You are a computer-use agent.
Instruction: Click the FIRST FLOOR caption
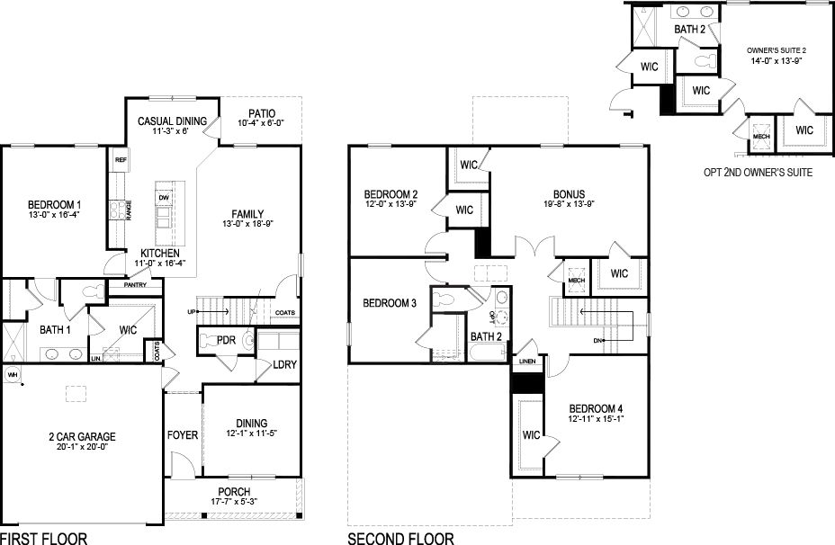(44, 539)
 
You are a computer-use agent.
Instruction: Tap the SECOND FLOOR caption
(401, 539)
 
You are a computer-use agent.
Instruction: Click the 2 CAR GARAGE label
(82, 437)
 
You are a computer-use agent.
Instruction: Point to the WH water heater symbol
(12, 373)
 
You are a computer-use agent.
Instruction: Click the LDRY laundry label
(284, 365)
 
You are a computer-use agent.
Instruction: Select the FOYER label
(183, 435)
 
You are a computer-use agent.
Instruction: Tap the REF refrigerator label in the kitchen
(120, 160)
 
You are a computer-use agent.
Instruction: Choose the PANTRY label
(136, 284)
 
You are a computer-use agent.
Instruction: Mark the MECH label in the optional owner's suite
(761, 137)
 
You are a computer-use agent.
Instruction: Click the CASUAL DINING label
(172, 121)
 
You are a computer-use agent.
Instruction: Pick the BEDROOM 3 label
(390, 303)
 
